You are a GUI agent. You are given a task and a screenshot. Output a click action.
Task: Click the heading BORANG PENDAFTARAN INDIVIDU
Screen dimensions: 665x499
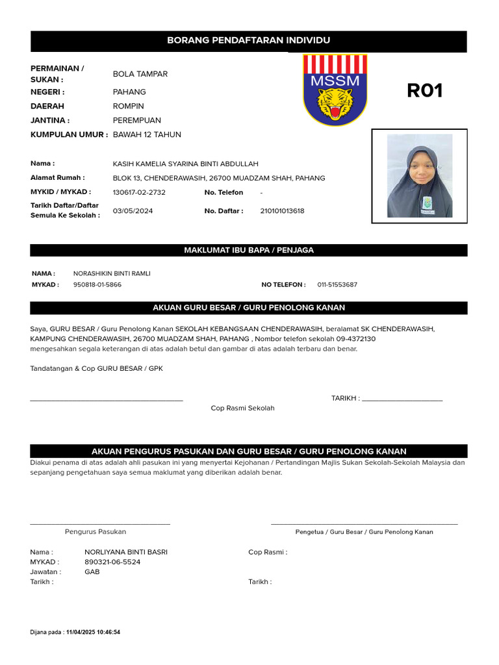tap(249, 40)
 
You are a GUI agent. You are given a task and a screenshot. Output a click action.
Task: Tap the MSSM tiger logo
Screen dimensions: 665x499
tap(335, 90)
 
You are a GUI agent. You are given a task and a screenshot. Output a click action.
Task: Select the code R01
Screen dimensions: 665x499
tap(424, 91)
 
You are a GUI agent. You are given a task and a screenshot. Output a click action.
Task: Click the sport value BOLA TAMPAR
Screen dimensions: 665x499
tap(140, 74)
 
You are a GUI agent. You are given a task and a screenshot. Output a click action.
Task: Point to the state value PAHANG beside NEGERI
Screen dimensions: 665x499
tap(129, 92)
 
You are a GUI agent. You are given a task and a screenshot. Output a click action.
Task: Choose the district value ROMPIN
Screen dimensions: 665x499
tap(129, 106)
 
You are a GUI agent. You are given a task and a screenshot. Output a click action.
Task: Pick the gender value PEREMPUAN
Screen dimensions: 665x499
tap(136, 120)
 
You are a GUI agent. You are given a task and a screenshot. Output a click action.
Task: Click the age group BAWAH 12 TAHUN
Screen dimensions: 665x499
tap(147, 134)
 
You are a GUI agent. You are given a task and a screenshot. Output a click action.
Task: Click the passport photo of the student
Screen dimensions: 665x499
tap(419, 176)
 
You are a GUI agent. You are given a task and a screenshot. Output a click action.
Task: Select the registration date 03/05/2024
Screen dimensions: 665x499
tap(133, 211)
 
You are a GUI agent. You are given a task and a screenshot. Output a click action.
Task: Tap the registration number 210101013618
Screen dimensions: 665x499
tap(282, 211)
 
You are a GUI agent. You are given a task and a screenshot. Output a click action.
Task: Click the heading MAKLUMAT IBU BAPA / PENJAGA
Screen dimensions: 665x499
tap(249, 250)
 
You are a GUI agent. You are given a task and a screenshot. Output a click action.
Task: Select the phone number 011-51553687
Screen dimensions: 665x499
tap(337, 284)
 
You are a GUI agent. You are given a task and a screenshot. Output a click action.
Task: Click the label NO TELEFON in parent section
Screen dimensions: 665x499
tap(283, 284)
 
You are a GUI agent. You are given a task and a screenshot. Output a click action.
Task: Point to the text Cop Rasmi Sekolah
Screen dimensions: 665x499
tap(242, 408)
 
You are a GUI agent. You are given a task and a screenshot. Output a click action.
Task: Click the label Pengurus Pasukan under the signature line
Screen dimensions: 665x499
tap(96, 531)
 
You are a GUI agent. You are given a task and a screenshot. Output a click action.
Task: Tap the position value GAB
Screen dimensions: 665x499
tap(92, 572)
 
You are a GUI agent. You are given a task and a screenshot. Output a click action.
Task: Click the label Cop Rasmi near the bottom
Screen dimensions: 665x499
tap(267, 552)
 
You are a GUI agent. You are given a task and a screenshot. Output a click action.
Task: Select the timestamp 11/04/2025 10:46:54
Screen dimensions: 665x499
tap(93, 632)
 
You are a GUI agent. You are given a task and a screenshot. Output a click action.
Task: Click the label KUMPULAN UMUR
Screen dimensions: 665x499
tap(69, 134)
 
